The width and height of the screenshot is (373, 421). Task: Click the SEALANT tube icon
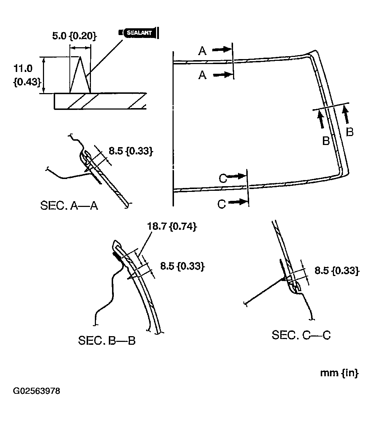[139, 33]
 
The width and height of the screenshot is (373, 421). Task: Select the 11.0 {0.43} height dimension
[23, 75]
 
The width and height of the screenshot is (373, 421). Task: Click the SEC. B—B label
[107, 340]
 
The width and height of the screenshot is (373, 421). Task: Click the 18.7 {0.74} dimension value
[171, 227]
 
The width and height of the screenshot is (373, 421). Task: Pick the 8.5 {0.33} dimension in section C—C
[336, 271]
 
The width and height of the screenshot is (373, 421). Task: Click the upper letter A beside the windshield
[202, 52]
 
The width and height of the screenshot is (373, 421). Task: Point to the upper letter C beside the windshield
[223, 178]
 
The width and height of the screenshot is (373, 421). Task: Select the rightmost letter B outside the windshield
[350, 132]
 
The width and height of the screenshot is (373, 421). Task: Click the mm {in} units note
[339, 373]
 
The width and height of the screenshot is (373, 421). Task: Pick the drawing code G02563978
[36, 391]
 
